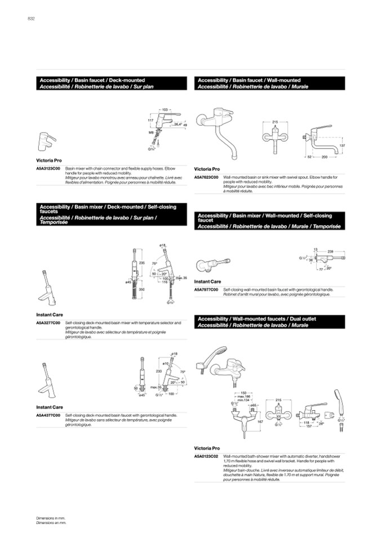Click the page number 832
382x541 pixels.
(32, 19)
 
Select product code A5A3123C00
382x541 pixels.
(48, 168)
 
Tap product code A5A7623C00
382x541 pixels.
(206, 177)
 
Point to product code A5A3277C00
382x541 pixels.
(48, 323)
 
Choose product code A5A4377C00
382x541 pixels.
(48, 415)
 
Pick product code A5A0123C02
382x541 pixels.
(206, 455)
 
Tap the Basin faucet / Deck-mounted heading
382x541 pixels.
(92, 81)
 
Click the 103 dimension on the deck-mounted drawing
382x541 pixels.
(166, 108)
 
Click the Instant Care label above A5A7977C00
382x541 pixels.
(208, 282)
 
